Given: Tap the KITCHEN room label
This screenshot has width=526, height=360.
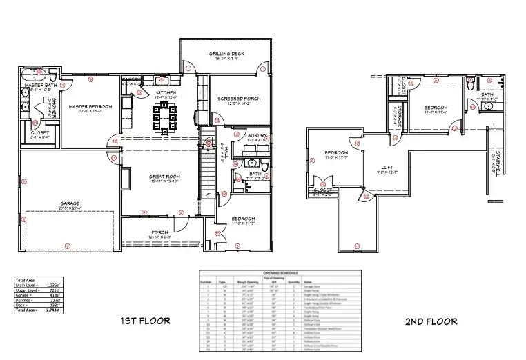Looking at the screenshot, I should pyautogui.click(x=166, y=92).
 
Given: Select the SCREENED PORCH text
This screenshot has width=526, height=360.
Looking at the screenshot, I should pyautogui.click(x=239, y=99).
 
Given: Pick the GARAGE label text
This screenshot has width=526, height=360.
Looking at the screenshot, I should pyautogui.click(x=70, y=203).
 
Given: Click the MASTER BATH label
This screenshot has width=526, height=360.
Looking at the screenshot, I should pyautogui.click(x=42, y=84).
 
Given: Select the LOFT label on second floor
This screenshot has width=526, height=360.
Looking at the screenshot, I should pyautogui.click(x=387, y=167).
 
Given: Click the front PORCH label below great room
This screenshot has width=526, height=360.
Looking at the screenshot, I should pyautogui.click(x=159, y=232).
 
